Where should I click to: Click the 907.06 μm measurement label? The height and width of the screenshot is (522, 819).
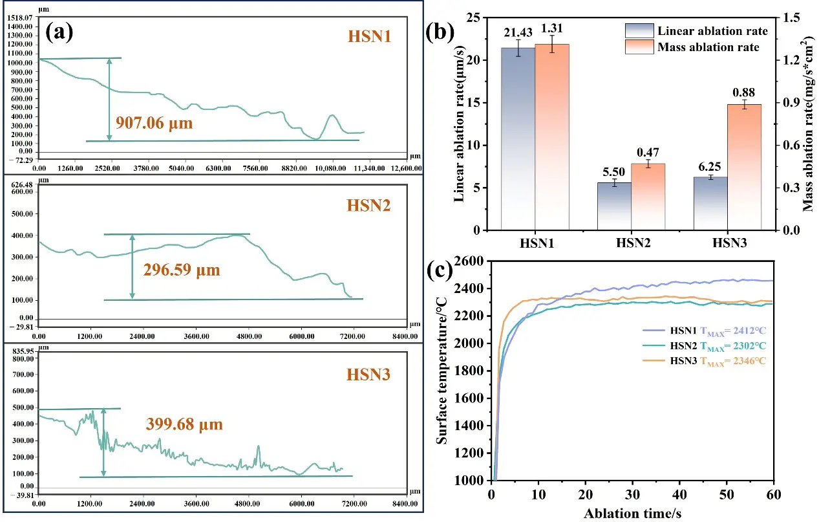tap(154, 122)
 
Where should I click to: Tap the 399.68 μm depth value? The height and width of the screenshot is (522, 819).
tap(184, 424)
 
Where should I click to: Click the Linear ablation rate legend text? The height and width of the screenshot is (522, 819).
tap(712, 31)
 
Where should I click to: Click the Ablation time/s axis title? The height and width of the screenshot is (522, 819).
tap(632, 513)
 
